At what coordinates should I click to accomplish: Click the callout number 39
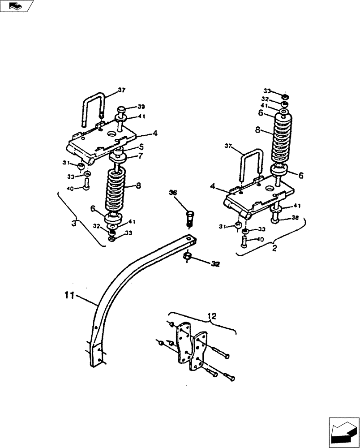click(x=129, y=107)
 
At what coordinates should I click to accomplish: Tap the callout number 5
click(x=129, y=146)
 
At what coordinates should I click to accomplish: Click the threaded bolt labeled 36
click(x=189, y=220)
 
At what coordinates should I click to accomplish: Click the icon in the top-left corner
click(x=17, y=6)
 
